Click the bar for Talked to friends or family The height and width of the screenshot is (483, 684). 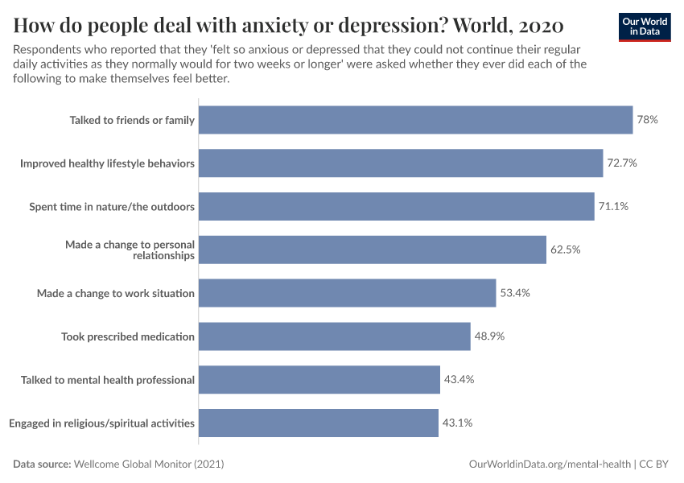coord(415,120)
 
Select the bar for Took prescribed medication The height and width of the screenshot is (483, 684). coord(334,336)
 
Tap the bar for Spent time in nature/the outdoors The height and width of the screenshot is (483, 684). coord(396,207)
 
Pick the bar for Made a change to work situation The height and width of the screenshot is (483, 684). coord(347,293)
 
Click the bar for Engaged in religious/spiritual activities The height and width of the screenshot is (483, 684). coord(318,423)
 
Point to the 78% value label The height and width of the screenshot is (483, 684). coord(648,120)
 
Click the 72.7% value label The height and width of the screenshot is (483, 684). coord(622,163)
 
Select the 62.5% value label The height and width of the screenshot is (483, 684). coord(565,250)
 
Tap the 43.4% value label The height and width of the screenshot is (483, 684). coord(459,379)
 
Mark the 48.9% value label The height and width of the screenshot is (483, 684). coord(489,336)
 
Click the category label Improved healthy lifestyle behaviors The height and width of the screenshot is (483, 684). coord(107,163)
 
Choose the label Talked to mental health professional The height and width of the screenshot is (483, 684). coord(108,379)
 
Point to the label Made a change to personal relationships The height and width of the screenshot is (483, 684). coord(130,250)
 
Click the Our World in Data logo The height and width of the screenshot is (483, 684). coord(645,27)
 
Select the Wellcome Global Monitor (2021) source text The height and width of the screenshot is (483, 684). coord(148,464)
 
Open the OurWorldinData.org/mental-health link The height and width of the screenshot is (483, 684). coord(549,464)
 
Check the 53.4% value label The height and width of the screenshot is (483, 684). coord(515,293)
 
